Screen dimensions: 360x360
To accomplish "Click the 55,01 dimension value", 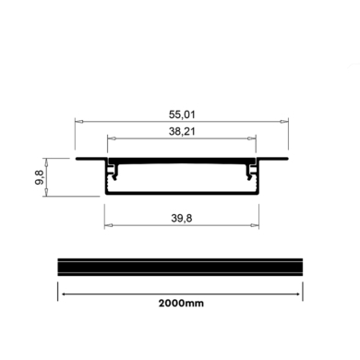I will tap(182, 114).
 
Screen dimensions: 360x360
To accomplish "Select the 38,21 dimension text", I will tap(182, 132).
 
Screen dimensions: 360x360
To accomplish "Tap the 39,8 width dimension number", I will tap(182, 219).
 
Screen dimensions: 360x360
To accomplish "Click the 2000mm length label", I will tap(181, 302).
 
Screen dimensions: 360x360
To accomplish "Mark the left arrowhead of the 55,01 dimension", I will tap(78, 121).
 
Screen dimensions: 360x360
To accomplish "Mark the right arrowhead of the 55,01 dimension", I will tap(287, 121).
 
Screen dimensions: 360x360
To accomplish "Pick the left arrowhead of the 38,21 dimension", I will tap(110, 138).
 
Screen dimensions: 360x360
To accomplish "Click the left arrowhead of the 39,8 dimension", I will tap(107, 225).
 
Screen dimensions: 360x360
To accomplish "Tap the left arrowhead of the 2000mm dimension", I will tap(62, 292).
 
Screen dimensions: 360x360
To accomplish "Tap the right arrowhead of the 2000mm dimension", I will tap(302, 292).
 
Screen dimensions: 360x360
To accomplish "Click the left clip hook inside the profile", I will tap(114, 171).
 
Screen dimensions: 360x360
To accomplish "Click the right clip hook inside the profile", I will tap(250, 171).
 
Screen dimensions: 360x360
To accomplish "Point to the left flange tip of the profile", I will tap(78, 159).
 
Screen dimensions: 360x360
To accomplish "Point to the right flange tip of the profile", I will tap(286, 159).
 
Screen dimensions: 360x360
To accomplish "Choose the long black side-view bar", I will tap(182, 266).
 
